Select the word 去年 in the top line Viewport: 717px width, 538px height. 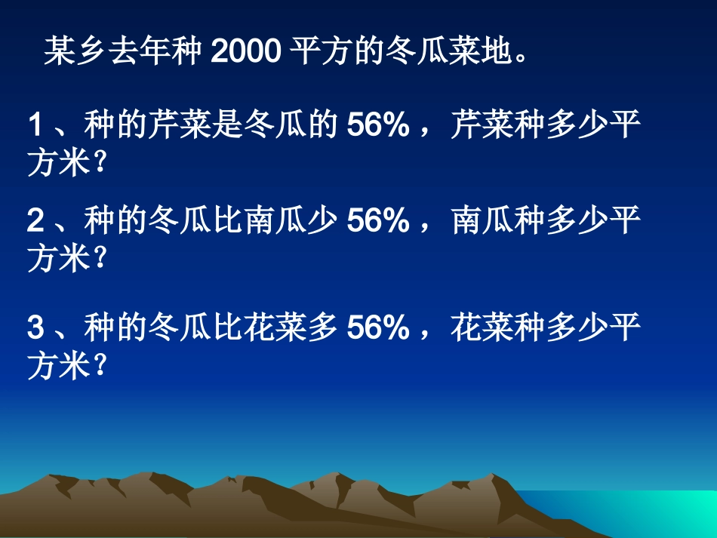[x=134, y=52]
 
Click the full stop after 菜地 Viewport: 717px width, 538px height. [x=518, y=59]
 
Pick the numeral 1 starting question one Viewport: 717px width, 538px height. [x=35, y=125]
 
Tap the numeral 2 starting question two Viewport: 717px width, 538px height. [x=35, y=220]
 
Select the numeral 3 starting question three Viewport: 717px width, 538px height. [x=35, y=327]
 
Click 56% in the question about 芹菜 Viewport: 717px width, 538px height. [x=378, y=125]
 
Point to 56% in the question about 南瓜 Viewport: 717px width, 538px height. [x=378, y=220]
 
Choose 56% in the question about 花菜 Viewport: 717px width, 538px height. [x=378, y=327]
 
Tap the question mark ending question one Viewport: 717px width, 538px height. [x=97, y=164]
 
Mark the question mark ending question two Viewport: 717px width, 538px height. [x=97, y=260]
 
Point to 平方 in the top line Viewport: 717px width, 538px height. [x=320, y=52]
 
